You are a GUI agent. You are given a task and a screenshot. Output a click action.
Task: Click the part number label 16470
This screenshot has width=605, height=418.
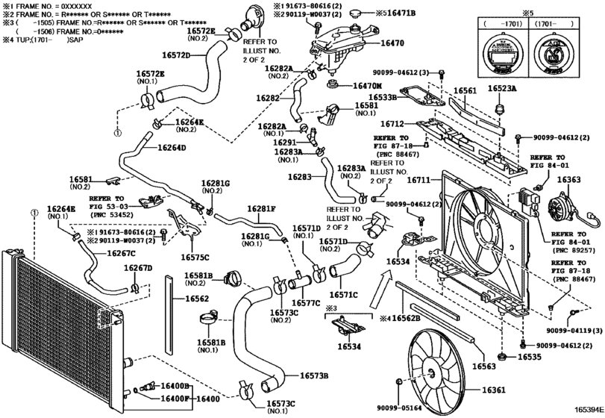pyautogui.click(x=394, y=45)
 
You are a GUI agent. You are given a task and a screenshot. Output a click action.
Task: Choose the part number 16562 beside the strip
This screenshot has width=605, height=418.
pyautogui.click(x=197, y=299)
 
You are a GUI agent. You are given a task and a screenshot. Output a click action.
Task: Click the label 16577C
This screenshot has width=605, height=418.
pyautogui.click(x=306, y=303)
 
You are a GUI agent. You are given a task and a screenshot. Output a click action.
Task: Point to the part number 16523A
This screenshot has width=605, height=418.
pyautogui.click(x=502, y=88)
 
